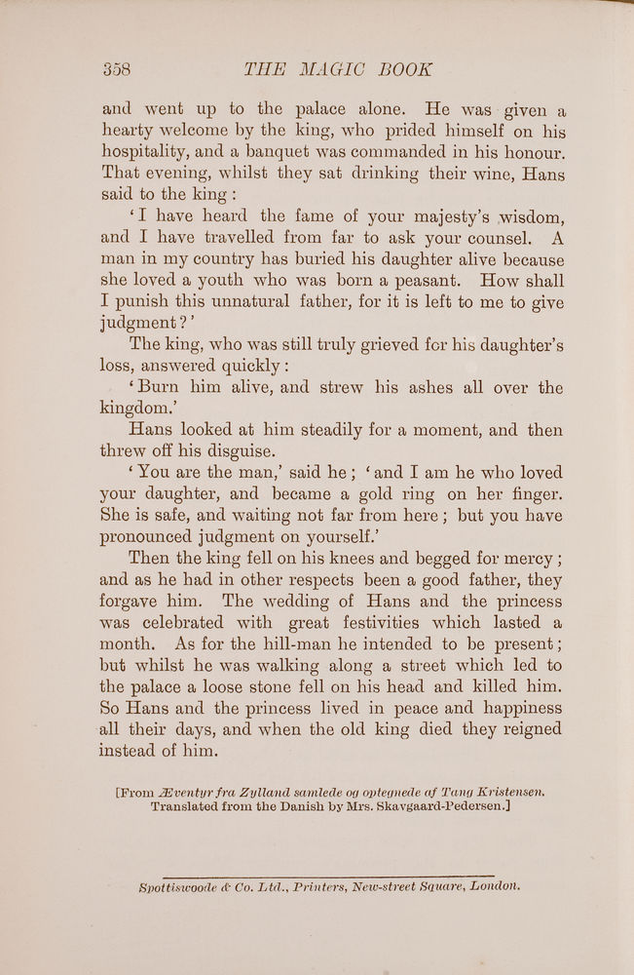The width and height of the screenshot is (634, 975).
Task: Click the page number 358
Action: pos(116,69)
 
